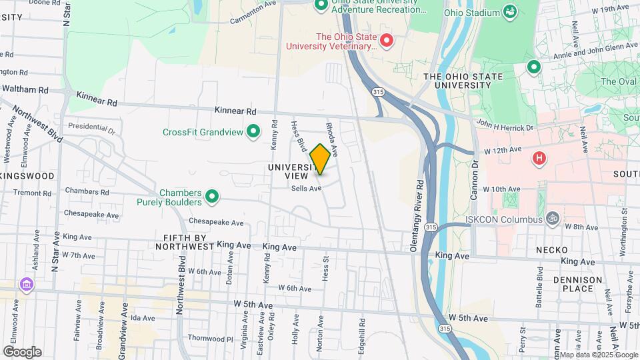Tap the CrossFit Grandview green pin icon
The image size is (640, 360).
coord(253,132)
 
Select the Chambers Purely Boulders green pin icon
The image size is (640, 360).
coord(212,197)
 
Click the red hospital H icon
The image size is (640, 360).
coord(539,158)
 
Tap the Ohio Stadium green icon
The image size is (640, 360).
coord(510,11)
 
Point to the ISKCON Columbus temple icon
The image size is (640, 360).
coord(551,218)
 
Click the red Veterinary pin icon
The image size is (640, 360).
coord(387,41)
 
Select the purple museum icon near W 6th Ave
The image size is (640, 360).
coord(26,285)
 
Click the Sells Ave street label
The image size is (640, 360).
coord(307,189)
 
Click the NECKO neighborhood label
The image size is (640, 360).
coord(551,249)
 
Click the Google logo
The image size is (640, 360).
coord(22,351)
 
